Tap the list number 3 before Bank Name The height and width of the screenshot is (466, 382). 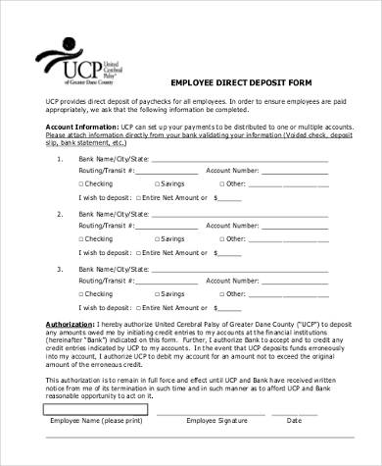pyautogui.click(x=60, y=268)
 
